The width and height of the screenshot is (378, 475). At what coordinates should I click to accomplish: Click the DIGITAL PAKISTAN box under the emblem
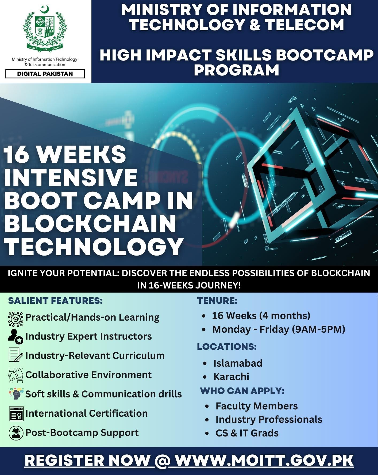45,74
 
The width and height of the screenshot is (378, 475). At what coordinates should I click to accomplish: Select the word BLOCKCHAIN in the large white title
90,223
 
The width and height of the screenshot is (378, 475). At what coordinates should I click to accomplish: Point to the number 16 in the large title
15,154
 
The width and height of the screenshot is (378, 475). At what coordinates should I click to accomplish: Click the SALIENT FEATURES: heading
55,301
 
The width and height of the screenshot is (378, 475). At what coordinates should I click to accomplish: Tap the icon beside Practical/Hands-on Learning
16,319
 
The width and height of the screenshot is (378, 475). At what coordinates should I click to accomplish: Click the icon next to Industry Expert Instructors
16,336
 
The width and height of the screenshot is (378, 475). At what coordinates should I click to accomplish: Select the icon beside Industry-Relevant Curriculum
16,355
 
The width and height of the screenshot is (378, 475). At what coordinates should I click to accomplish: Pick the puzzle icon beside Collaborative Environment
16,375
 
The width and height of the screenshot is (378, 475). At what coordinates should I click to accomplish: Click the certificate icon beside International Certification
16,414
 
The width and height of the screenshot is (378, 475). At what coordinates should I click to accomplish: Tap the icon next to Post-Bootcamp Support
16,433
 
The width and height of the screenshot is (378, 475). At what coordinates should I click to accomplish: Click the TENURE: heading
217,301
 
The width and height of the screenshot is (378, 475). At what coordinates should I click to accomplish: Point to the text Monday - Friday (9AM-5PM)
279,329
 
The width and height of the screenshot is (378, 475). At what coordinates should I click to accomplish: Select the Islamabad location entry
238,363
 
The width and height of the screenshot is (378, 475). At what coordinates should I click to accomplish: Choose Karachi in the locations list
231,377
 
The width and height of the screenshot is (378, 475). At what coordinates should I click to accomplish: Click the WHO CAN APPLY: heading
242,391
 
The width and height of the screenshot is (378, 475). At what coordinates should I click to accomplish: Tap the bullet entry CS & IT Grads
247,433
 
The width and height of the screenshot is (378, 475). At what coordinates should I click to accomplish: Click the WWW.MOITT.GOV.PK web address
264,461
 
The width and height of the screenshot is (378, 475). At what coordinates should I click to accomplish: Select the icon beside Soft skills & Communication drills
16,394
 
